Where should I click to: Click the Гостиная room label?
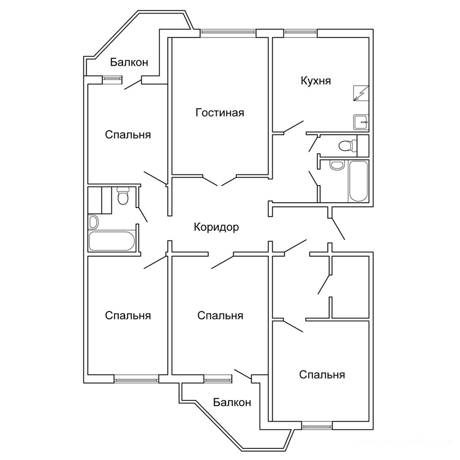(x=220, y=113)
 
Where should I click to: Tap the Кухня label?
(x=316, y=81)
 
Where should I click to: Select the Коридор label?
(x=217, y=227)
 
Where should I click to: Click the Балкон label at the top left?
(x=129, y=62)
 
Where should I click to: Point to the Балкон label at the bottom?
(x=232, y=402)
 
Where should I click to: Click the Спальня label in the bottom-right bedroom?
(x=322, y=375)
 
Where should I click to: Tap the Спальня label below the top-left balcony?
(x=128, y=135)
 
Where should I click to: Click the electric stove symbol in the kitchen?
(x=361, y=93)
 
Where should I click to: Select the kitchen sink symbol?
(x=361, y=122)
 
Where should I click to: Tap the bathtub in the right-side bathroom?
(x=358, y=181)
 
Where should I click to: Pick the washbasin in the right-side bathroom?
(x=336, y=165)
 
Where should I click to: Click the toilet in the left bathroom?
(x=123, y=196)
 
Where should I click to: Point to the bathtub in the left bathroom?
(x=112, y=241)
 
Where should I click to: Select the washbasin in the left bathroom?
(x=93, y=222)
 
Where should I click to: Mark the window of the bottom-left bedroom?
(x=136, y=379)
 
